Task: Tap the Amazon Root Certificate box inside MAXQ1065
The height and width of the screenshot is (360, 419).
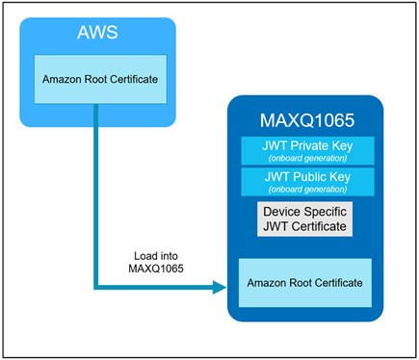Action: point(305,283)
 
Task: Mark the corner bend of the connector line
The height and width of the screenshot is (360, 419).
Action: point(96,285)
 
